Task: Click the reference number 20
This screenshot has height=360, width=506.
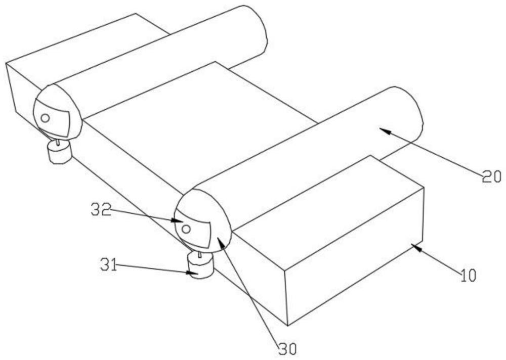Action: pyautogui.click(x=490, y=176)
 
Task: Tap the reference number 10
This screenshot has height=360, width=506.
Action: pyautogui.click(x=468, y=276)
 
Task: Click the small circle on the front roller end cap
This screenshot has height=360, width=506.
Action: pyautogui.click(x=186, y=229)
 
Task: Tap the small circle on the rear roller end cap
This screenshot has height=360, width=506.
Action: pyautogui.click(x=45, y=118)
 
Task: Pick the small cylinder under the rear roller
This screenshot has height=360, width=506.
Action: pyautogui.click(x=59, y=152)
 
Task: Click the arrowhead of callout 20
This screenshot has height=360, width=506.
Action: pyautogui.click(x=382, y=130)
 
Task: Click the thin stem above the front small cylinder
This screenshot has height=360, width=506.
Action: pyautogui.click(x=200, y=254)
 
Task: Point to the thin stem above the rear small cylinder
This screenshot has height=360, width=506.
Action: pyautogui.click(x=59, y=142)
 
